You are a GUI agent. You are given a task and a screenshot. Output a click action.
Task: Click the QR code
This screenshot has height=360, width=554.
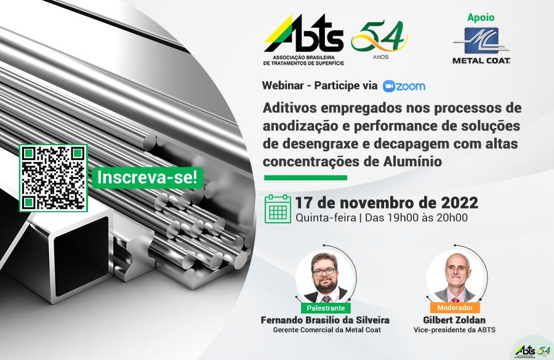tap(54, 178)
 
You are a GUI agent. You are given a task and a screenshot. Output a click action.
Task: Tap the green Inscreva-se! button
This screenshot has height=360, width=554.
tap(147, 177)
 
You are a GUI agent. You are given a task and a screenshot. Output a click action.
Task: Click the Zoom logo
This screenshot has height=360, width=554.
tap(404, 86)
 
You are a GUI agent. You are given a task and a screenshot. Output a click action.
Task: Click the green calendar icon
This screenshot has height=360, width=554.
tap(278, 209)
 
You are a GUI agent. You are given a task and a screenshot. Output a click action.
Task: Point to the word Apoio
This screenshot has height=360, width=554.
tap(481, 17)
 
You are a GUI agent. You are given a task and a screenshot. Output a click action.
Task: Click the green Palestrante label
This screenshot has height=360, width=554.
tap(326, 308)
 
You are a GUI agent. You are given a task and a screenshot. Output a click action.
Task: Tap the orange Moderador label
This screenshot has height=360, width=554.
tap(455, 307)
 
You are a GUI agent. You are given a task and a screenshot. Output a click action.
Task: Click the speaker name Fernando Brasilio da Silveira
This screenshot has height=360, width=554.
tap(325, 320)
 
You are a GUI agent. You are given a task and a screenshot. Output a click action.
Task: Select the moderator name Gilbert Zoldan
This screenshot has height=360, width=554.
tap(454, 320)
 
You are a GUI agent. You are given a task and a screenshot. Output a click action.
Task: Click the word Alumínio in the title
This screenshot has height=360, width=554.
tap(412, 161)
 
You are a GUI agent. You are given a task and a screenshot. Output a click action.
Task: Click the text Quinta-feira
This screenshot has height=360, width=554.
tap(326, 218)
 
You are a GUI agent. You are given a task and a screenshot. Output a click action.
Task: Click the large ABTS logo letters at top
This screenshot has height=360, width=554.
tap(304, 34)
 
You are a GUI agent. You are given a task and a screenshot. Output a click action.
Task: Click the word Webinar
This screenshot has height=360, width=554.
tap(283, 86)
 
